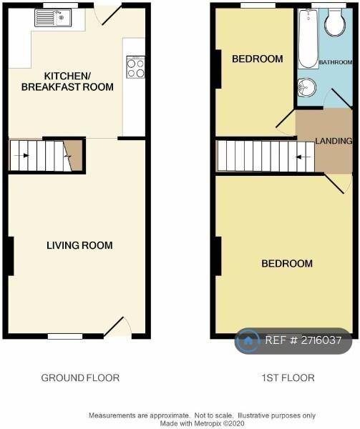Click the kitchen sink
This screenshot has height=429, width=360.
[x=53, y=18]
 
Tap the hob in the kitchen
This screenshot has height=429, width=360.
[x=135, y=67]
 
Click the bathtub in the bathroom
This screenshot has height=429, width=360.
[x=308, y=39]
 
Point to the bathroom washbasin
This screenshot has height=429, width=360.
[x=307, y=87]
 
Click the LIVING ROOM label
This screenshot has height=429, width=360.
[x=79, y=245]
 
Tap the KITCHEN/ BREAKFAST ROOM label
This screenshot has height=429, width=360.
[x=67, y=82]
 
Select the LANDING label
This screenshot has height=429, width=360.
[x=334, y=141]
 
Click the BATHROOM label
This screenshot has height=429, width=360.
[x=336, y=62]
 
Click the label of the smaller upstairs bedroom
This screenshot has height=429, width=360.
[x=258, y=59]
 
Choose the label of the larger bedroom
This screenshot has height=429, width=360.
[x=287, y=263]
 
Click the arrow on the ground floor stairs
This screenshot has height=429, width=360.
[x=21, y=156]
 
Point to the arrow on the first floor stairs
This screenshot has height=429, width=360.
[x=303, y=157]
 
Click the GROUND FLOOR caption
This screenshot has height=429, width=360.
[x=80, y=378]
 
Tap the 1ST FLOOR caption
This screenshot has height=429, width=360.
[x=288, y=378]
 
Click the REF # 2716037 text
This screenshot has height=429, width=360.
[x=303, y=340]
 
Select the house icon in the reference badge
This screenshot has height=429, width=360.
[x=248, y=340]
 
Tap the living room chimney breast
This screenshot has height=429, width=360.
[x=11, y=256]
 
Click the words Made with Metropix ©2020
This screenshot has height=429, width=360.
[x=202, y=423]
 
